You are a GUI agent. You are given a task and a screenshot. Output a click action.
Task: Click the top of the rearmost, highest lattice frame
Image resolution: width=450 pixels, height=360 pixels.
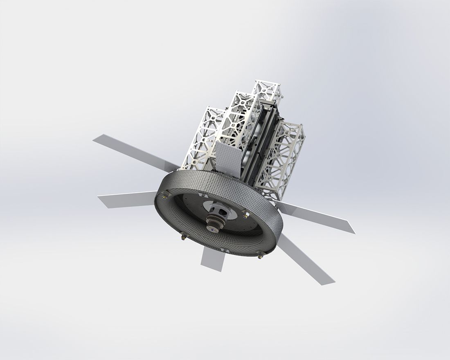tap(267, 87)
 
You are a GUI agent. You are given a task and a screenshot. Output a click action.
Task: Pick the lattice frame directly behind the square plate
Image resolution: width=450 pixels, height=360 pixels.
tap(237, 123)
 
